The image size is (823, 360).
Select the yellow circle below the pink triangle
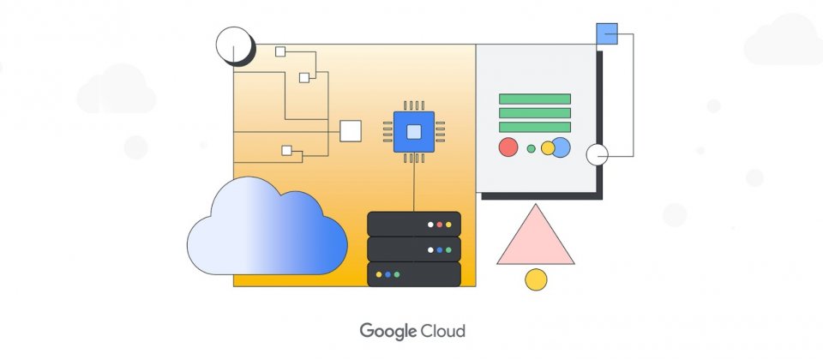[536, 279]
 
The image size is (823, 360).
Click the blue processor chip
[414, 132]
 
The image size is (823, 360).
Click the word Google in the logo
[387, 331]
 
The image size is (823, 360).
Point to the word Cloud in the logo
[443, 331]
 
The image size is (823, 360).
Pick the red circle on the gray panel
[508, 147]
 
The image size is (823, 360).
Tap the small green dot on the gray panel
[532, 148]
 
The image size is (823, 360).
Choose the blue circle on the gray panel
[561, 147]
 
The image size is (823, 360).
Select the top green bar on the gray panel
[535, 99]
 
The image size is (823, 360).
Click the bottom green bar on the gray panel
[535, 127]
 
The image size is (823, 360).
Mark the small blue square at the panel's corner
[607, 33]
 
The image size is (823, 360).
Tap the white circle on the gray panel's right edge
[598, 155]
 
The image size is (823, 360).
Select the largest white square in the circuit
[351, 131]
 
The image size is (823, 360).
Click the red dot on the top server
[439, 225]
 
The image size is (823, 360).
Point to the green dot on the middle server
[448, 250]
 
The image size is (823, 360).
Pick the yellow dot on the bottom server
[379, 274]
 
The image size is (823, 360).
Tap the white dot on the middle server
[430, 250]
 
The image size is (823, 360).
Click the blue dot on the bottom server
[387, 274]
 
